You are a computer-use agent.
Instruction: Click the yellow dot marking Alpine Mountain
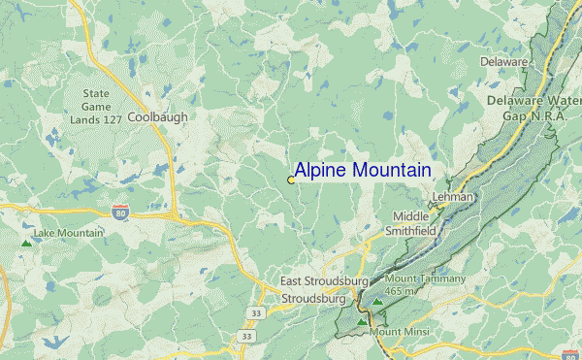click(291, 180)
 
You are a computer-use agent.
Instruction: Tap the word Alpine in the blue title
click(324, 171)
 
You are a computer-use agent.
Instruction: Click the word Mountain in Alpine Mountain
click(394, 171)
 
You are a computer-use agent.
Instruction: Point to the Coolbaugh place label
click(158, 116)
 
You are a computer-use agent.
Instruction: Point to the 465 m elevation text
click(400, 290)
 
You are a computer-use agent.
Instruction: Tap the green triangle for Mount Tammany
click(377, 301)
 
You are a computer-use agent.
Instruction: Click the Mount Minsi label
click(400, 332)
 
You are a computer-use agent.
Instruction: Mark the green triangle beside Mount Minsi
click(363, 320)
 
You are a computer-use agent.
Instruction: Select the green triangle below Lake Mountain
click(25, 243)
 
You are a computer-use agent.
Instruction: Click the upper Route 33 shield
click(255, 313)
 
